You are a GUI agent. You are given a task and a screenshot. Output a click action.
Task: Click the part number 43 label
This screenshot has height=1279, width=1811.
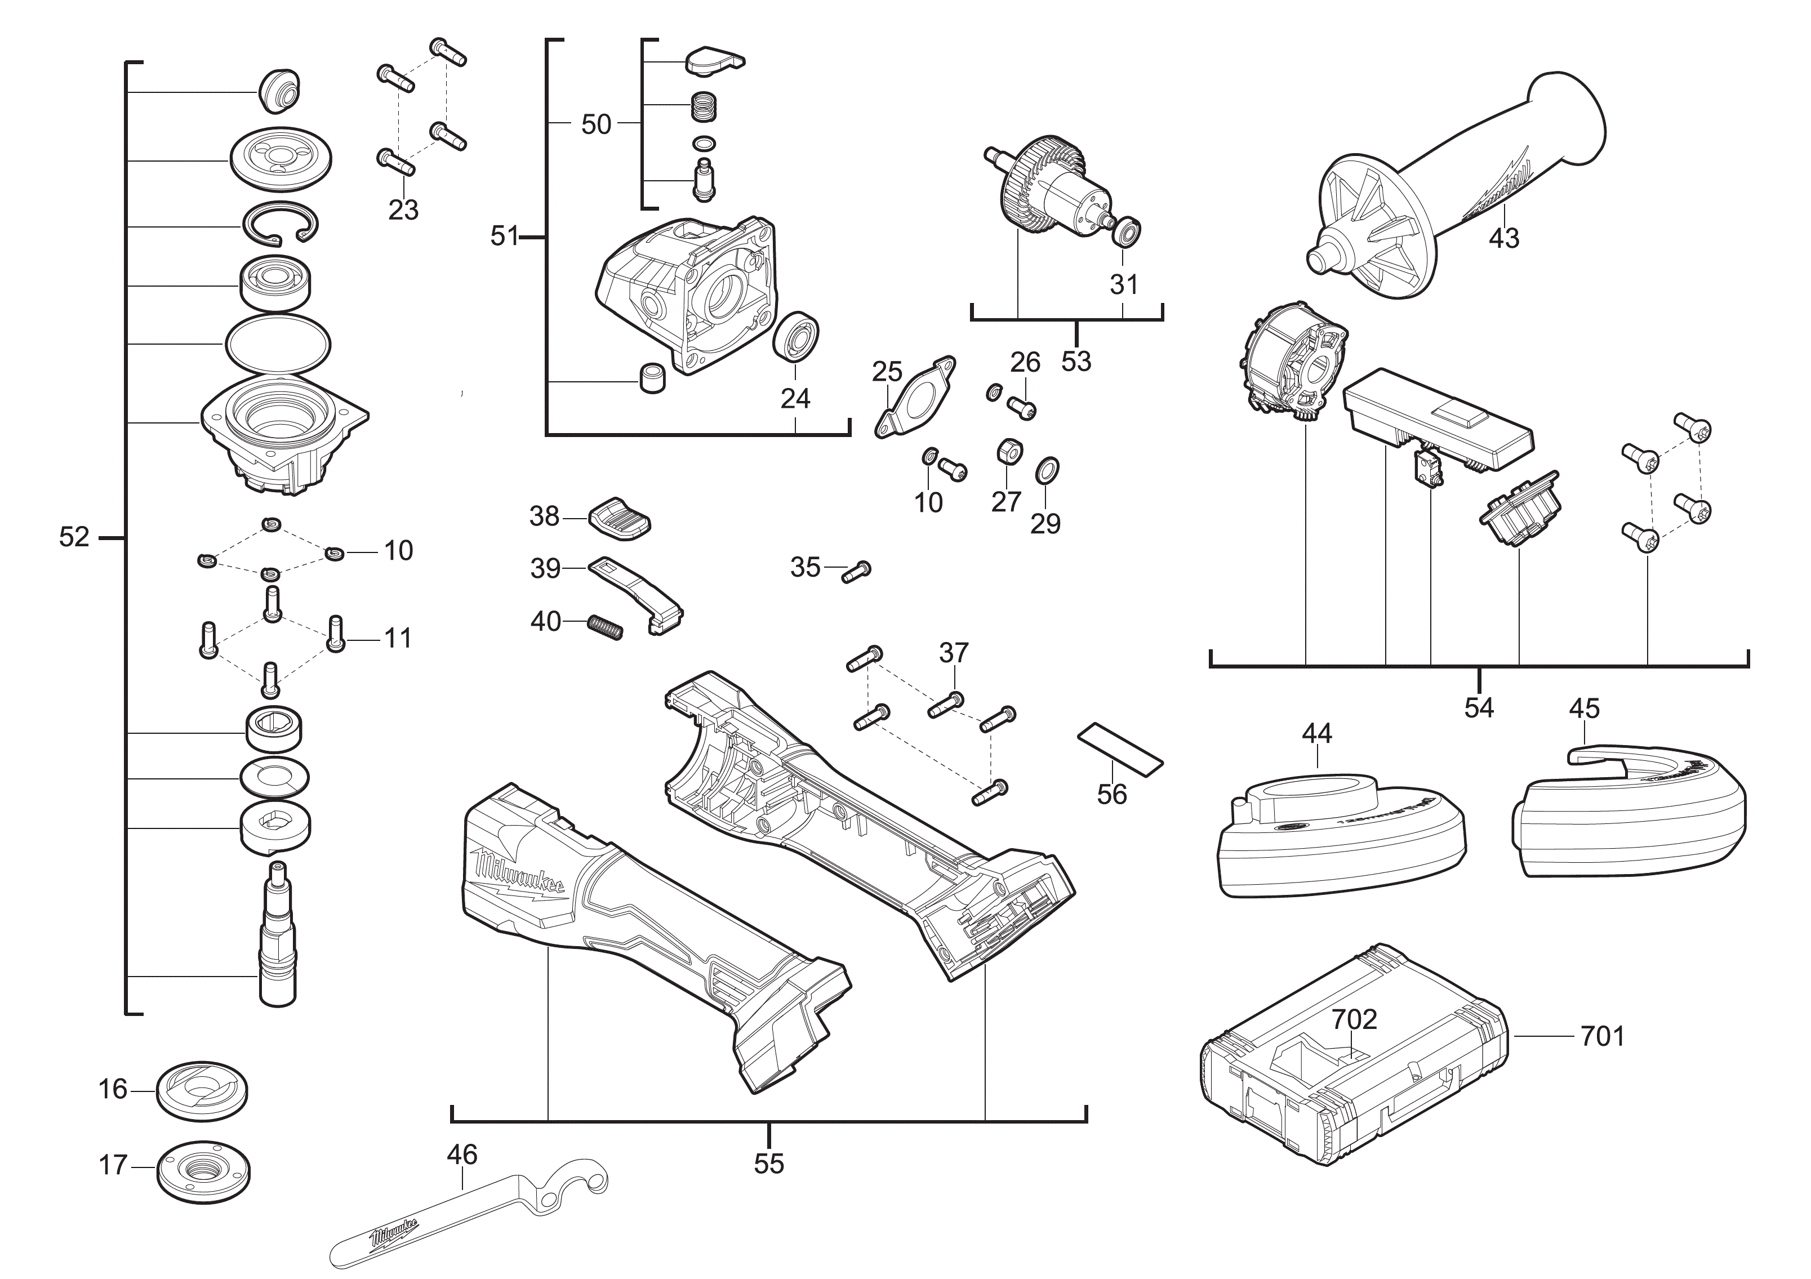pos(1503,237)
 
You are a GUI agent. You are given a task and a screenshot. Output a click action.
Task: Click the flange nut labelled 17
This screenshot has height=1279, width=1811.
pos(203,1170)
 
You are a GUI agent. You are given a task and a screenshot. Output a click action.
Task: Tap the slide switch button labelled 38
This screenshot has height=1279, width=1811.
pos(620,518)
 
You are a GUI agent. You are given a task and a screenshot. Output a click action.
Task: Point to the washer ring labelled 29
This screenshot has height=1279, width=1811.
pos(1047,470)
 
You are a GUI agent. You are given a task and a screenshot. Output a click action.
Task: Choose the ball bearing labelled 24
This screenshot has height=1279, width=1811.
pos(796,337)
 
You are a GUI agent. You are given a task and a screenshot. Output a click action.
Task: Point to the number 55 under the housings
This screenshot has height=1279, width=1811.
pos(768,1164)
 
